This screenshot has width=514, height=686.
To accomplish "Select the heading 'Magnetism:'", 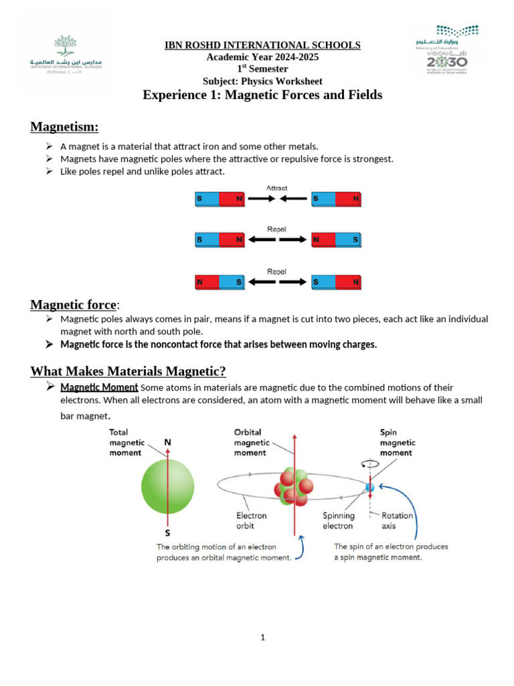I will click(64, 127).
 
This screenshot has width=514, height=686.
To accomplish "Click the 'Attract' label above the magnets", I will click(277, 188).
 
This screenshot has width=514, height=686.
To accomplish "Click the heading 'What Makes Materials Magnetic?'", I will click(128, 370).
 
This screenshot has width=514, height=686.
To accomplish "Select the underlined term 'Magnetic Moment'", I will click(99, 387).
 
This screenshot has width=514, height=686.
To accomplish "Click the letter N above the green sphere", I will click(167, 443).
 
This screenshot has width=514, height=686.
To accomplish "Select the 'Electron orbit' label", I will click(251, 521).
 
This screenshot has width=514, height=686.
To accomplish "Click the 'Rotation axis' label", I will click(397, 521).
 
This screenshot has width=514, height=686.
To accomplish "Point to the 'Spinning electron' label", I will click(339, 521).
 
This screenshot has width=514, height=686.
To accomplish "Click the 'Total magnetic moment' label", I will click(125, 442).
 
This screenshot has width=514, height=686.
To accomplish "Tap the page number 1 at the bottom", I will click(263, 637).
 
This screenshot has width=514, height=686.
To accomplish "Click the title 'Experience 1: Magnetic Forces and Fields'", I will click(262, 95).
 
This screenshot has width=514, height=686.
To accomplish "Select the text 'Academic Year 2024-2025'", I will click(262, 57).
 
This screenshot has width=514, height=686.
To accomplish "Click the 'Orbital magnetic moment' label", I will click(252, 442).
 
